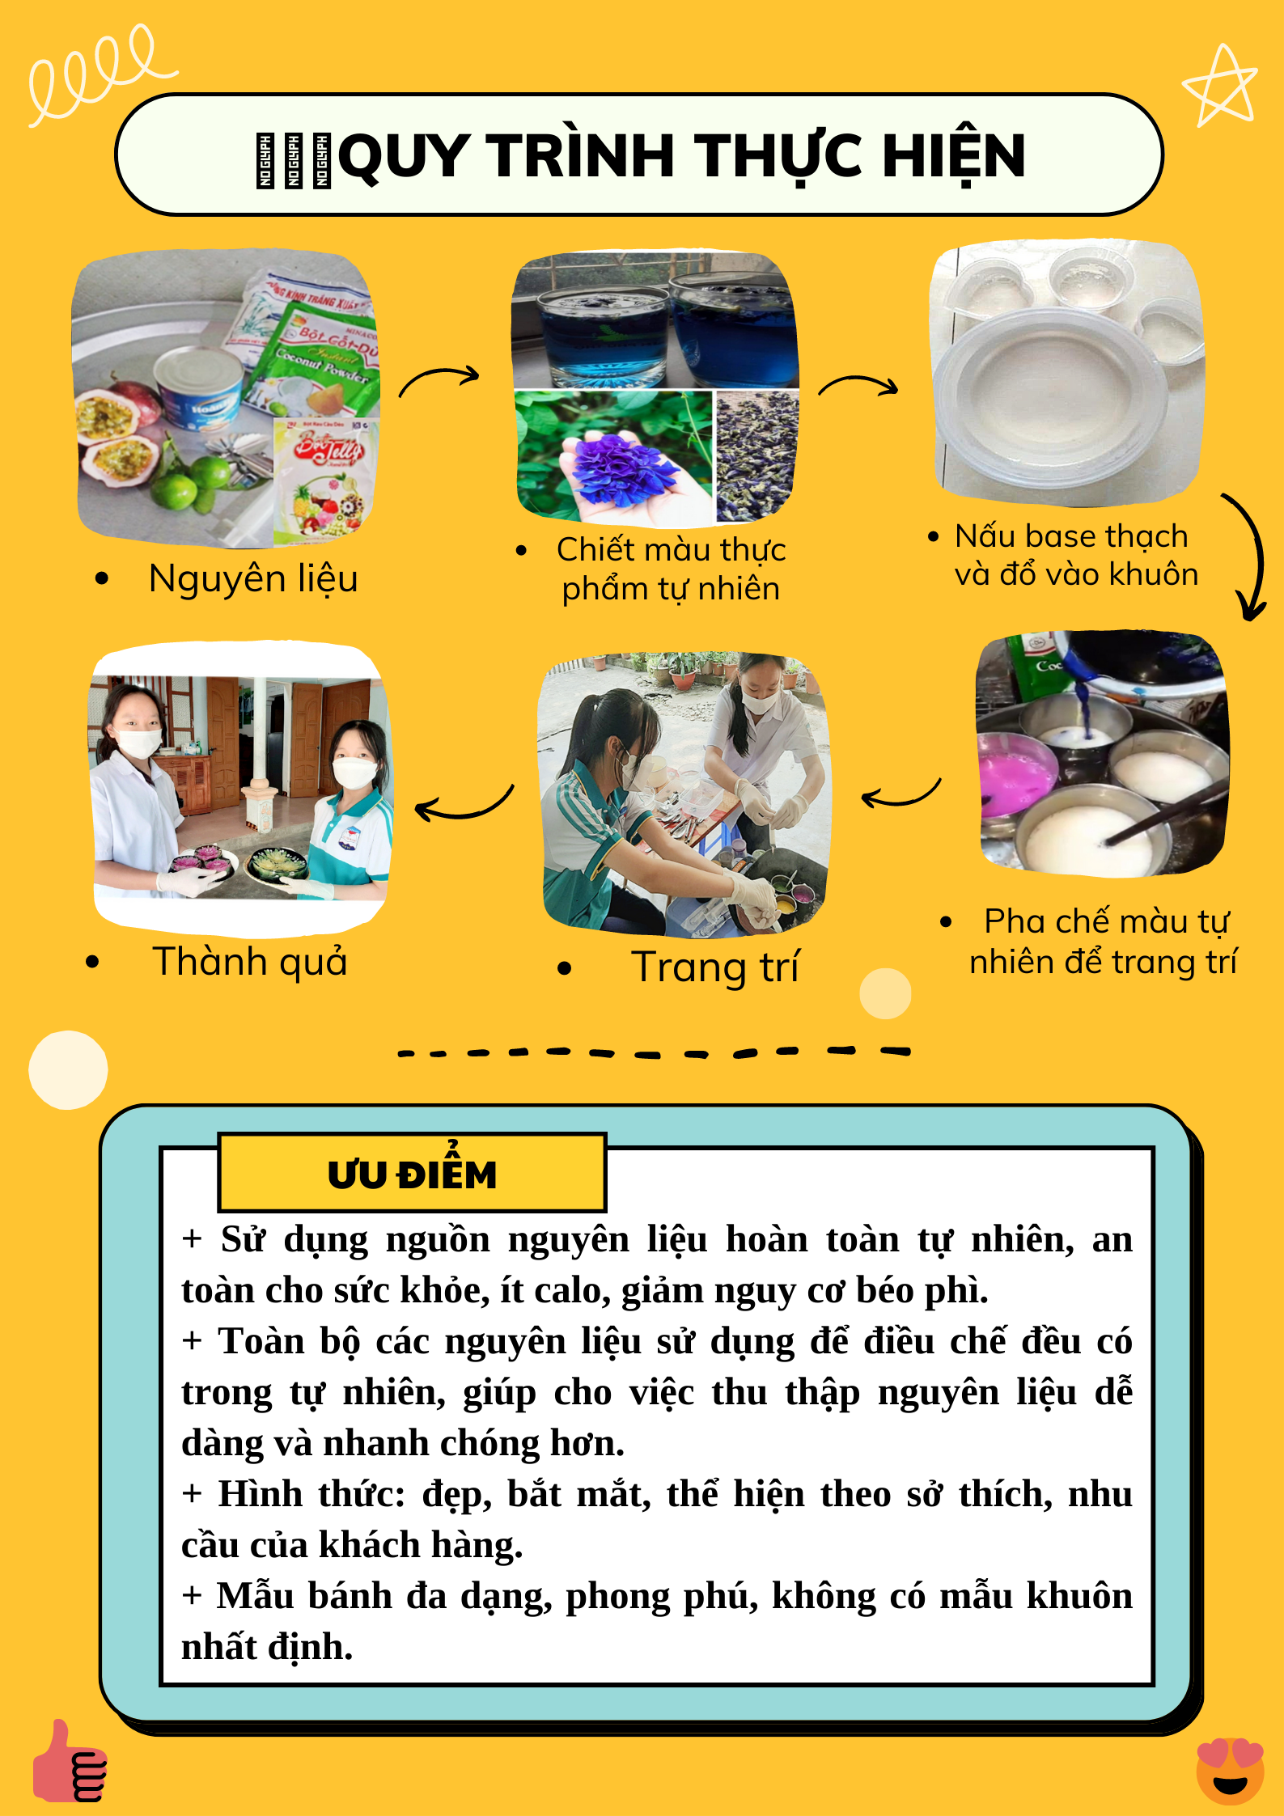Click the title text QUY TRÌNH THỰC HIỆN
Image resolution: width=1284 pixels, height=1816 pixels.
tap(682, 155)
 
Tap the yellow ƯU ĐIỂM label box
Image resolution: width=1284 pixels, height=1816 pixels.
tap(412, 1172)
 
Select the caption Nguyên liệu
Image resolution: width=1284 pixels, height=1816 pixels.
tap(253, 579)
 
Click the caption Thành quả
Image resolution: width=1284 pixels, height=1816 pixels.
tap(250, 962)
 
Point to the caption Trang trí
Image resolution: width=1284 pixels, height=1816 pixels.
tap(715, 967)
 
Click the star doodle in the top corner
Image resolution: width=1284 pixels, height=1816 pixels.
tap(1220, 87)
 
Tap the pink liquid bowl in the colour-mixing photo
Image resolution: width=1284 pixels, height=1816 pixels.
tap(1015, 776)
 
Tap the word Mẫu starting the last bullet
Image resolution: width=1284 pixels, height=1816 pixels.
tap(252, 1595)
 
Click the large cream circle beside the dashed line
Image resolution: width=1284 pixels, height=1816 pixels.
tap(68, 1069)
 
